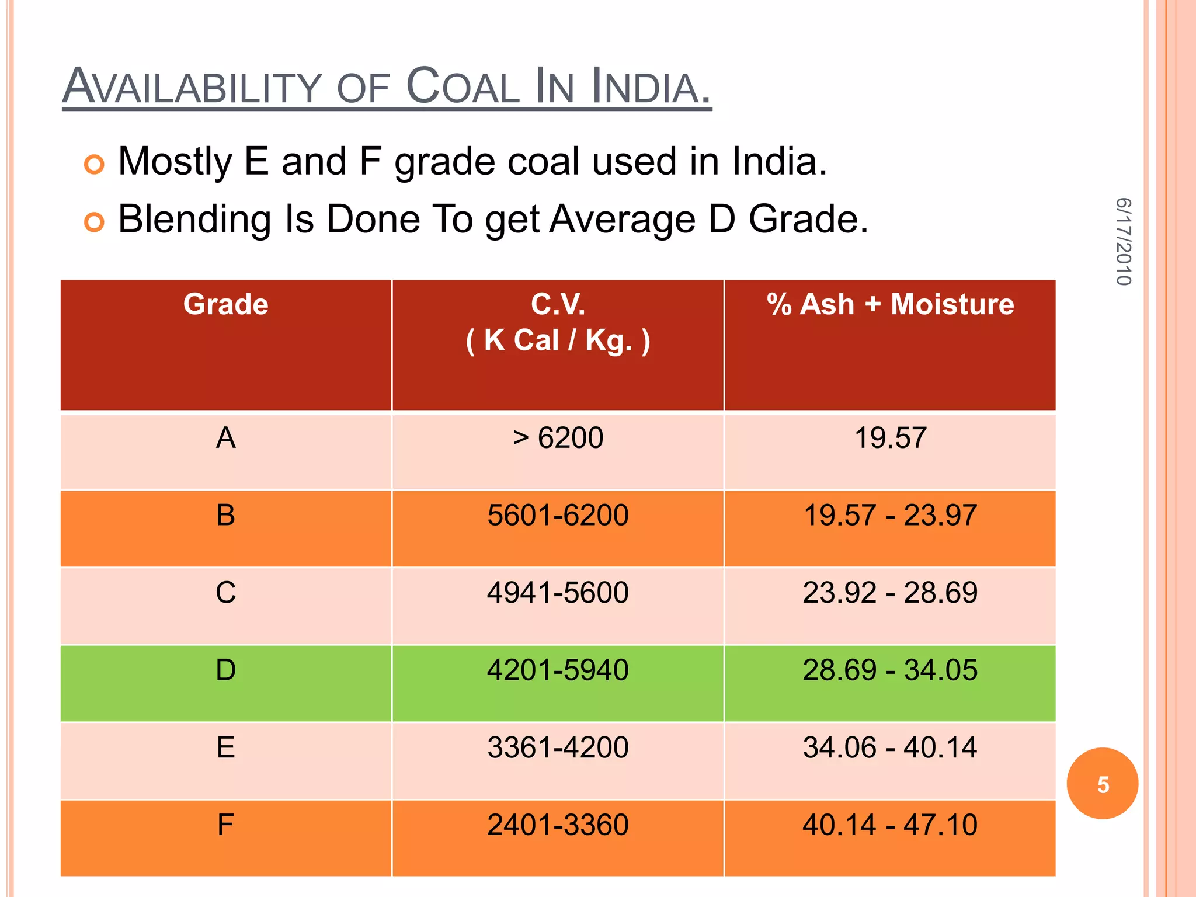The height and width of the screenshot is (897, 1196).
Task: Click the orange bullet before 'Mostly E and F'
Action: coord(94,165)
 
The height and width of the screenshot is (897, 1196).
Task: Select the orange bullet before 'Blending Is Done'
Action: coord(94,222)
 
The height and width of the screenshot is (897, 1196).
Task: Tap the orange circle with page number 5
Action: coord(1102,784)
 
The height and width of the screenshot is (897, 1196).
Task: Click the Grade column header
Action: coord(226,304)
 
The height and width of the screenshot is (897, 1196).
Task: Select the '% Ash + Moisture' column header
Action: coord(890,304)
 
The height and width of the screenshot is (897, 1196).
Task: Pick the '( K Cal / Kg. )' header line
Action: coord(558,340)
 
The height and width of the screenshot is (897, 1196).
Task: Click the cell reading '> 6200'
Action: coord(558,437)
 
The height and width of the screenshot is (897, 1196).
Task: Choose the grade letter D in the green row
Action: coord(226,670)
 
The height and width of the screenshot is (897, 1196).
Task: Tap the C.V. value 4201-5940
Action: coord(558,670)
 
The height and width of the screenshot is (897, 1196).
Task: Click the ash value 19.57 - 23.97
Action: coord(890,515)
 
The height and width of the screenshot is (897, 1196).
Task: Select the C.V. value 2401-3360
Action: coord(558,825)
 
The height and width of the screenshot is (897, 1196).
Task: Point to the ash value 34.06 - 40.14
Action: coord(890,747)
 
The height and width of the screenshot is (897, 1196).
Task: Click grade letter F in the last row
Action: coord(226,825)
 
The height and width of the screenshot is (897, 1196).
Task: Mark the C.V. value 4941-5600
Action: coord(558,592)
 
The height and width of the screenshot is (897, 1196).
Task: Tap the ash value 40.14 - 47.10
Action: coord(890,825)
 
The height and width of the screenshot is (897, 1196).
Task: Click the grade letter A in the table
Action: coord(226,437)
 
